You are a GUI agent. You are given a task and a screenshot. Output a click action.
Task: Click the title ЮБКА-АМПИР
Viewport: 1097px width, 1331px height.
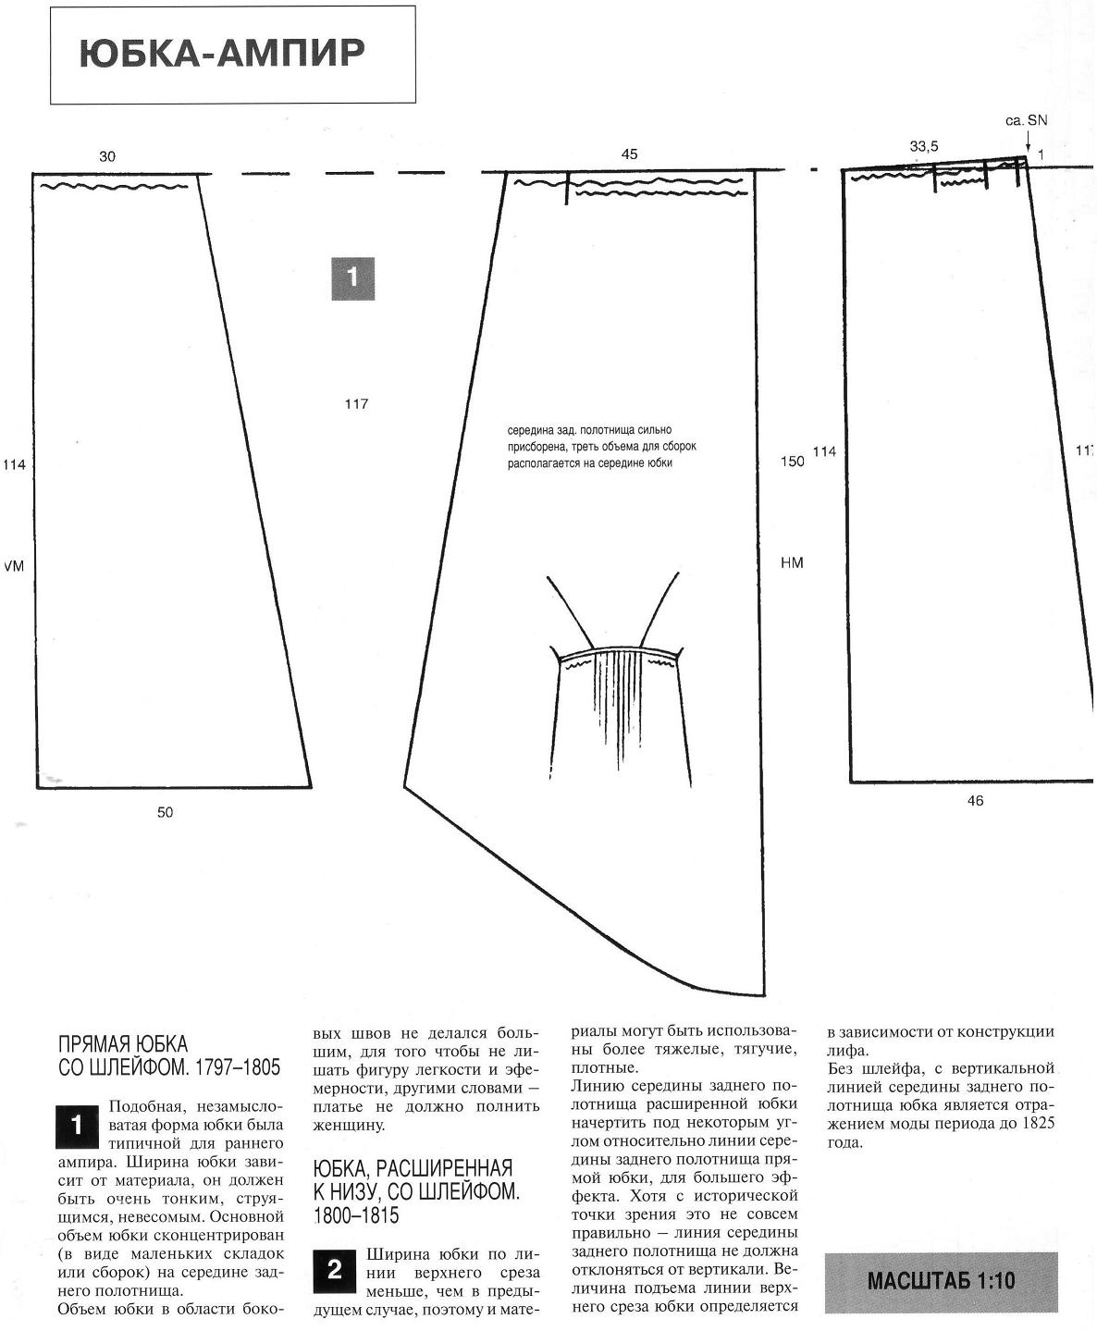[222, 54]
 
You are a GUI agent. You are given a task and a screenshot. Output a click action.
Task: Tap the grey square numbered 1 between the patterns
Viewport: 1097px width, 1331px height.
[352, 277]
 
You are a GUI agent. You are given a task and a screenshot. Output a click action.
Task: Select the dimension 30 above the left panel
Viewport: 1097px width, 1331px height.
[107, 157]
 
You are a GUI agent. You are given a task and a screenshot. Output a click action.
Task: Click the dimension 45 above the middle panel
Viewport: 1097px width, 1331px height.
[629, 154]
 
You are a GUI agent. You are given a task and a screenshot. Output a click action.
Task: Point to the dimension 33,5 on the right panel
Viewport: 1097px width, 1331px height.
[924, 146]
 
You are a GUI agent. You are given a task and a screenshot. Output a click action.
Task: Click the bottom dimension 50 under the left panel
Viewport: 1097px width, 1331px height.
[165, 812]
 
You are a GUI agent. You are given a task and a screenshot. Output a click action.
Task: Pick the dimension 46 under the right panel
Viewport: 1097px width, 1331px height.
[975, 801]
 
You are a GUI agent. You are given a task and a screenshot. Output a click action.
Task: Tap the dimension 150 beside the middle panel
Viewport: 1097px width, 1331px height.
[793, 462]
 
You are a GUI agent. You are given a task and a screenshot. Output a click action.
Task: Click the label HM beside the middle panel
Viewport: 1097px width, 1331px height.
[792, 562]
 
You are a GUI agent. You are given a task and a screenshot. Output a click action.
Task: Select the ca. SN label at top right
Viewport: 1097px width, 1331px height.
[1026, 120]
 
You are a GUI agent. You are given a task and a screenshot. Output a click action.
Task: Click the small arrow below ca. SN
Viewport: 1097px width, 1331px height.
[1027, 141]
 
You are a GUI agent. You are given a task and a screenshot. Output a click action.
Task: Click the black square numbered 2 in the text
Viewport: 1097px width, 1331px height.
[335, 1271]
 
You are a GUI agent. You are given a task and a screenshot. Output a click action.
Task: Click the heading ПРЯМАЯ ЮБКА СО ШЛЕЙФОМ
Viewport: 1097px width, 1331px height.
[168, 1056]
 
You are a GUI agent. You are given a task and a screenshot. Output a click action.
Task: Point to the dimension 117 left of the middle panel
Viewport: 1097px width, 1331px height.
[356, 404]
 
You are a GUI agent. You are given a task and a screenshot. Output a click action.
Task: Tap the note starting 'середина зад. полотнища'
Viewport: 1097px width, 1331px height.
[601, 447]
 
